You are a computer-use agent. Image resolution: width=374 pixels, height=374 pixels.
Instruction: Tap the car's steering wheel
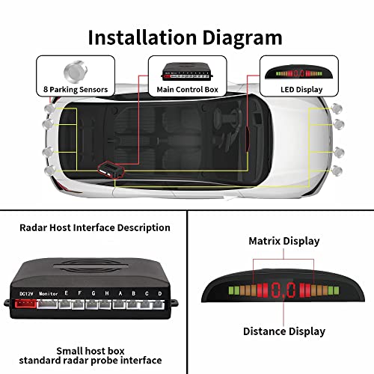(225, 123)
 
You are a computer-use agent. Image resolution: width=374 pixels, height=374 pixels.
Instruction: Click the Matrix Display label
(283, 241)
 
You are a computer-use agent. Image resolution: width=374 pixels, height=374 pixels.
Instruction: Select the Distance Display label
(283, 331)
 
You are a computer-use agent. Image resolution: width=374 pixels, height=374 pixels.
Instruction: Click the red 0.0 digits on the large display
(283, 288)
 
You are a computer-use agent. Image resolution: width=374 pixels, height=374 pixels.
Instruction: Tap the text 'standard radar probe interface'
(93, 361)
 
